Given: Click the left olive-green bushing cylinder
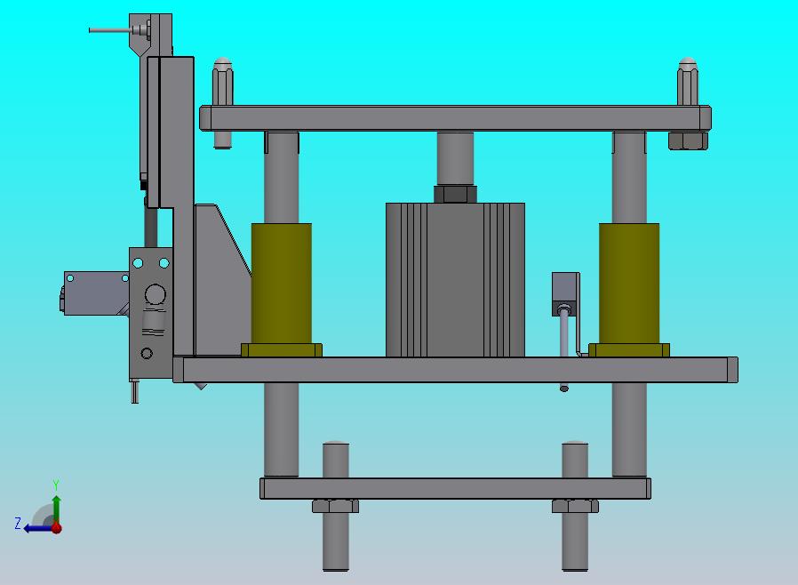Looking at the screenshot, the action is click(282, 283).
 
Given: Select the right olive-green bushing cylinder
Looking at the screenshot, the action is click(629, 283).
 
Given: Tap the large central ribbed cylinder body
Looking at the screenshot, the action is click(455, 279).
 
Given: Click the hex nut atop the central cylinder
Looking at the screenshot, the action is click(455, 194).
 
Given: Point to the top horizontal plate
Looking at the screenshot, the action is click(456, 118).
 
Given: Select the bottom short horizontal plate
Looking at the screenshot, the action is click(456, 488).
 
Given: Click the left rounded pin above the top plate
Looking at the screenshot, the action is click(222, 82).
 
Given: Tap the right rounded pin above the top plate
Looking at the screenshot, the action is click(688, 82).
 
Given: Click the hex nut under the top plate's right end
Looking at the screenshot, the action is click(688, 140).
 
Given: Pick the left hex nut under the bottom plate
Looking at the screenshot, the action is click(335, 506).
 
